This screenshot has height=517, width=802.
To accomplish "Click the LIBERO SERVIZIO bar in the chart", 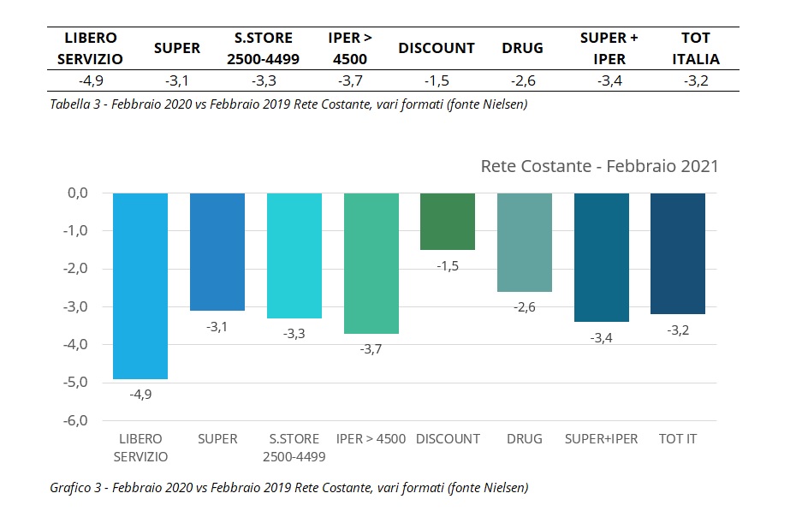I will pos(140,285).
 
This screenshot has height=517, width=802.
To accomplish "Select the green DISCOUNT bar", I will pos(448,222).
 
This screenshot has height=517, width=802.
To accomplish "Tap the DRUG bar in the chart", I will pos(524,242).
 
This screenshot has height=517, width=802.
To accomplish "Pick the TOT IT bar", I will pos(678,253).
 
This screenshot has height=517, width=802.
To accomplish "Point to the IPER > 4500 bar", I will pos(371,263).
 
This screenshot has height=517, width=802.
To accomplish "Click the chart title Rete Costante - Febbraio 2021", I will pos(599,166).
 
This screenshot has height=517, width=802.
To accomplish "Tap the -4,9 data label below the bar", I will pos(140,395).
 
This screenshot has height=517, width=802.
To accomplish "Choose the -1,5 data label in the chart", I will pos(448,266).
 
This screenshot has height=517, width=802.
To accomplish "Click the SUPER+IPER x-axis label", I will pos(601,439).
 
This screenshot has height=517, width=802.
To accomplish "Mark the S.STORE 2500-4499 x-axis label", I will pos(294,448).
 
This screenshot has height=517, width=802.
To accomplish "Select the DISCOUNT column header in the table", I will pos(437,49).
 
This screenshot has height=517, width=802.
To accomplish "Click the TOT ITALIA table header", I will pos(695,49).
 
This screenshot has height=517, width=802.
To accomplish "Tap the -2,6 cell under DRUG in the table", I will pos(522,80).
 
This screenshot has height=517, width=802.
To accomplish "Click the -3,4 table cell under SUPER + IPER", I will pos(609,80).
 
